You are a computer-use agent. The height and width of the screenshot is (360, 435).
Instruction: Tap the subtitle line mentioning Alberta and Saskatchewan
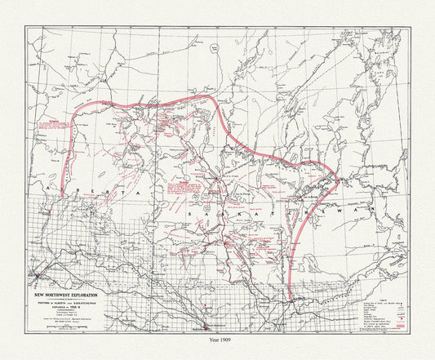pos(67,293)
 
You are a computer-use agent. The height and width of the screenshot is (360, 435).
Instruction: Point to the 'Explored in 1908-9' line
pos(67,298)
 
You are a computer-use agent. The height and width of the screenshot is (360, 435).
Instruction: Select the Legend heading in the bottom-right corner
pos(376,276)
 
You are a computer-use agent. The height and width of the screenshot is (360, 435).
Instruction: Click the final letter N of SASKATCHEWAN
pos(377,211)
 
